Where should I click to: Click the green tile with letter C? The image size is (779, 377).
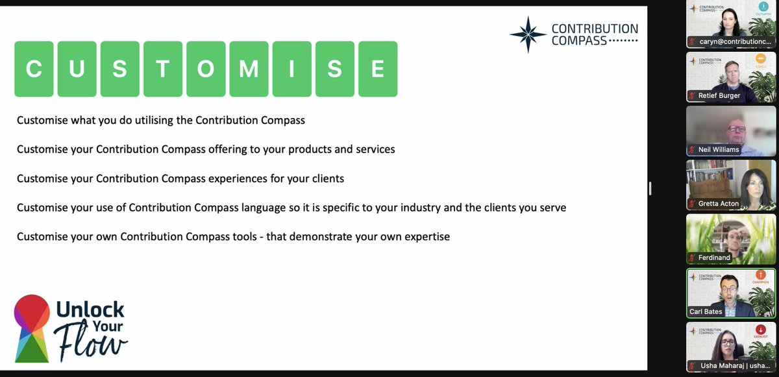click(34, 69)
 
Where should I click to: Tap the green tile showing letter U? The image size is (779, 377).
click(77, 69)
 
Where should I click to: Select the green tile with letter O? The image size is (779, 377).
click(206, 69)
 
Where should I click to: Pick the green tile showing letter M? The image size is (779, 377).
click(249, 69)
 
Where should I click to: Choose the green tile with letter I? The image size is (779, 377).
click(291, 69)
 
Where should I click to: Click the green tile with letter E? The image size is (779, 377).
click(378, 69)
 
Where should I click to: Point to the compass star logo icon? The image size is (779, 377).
click(527, 34)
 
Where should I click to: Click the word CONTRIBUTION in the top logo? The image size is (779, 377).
click(594, 29)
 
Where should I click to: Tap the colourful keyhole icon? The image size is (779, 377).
click(32, 328)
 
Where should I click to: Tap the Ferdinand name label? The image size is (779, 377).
click(713, 258)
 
